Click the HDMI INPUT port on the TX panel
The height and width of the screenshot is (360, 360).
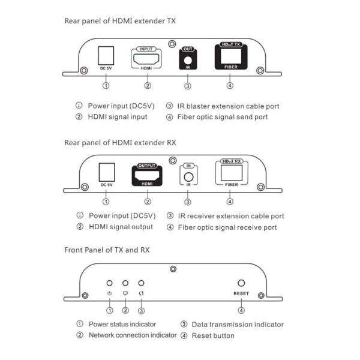[x=147, y=59]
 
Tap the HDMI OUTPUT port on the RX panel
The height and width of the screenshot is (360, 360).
[x=147, y=176]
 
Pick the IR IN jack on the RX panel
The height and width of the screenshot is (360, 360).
[x=188, y=177]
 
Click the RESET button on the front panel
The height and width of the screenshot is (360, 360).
[x=241, y=283]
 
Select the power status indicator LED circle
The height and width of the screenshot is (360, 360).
[x=110, y=283]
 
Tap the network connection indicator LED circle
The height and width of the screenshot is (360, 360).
[x=125, y=283]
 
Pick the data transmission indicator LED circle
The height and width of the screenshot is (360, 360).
[x=142, y=283]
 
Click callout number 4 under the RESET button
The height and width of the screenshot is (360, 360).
[x=241, y=310]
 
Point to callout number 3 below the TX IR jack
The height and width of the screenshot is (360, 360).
[x=188, y=86]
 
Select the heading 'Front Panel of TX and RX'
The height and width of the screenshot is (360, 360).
[x=107, y=249]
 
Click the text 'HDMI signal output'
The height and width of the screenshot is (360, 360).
[x=121, y=227]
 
